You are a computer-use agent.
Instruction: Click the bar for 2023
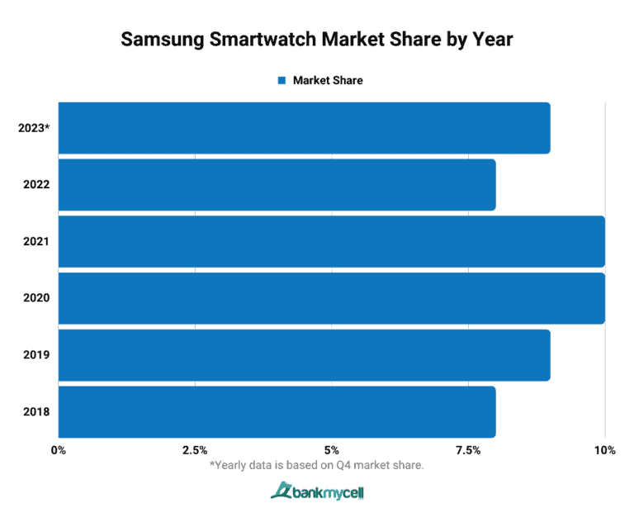[x=304, y=128]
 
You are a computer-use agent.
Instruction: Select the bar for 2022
[x=277, y=184]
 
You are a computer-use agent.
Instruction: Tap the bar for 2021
[x=331, y=241]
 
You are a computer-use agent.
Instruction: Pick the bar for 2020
[x=331, y=297]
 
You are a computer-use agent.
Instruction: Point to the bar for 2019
[x=304, y=354]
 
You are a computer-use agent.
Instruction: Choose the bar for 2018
[x=277, y=411]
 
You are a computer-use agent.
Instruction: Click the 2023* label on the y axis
[x=33, y=128]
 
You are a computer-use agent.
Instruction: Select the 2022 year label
[x=37, y=184]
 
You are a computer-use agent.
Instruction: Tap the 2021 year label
[x=37, y=241]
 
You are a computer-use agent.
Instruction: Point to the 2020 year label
[x=37, y=297]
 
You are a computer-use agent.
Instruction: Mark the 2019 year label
[x=37, y=354]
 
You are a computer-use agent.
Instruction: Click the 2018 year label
[x=37, y=411]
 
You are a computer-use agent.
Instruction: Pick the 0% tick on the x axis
[x=59, y=450]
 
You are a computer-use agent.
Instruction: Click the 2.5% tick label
[x=195, y=450]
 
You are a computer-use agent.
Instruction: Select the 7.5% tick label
[x=468, y=450]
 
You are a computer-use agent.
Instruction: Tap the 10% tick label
[x=604, y=450]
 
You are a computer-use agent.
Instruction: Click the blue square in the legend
[x=281, y=80]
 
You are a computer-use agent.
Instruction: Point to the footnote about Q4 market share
[x=317, y=466]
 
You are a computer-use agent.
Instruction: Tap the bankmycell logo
[x=317, y=492]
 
